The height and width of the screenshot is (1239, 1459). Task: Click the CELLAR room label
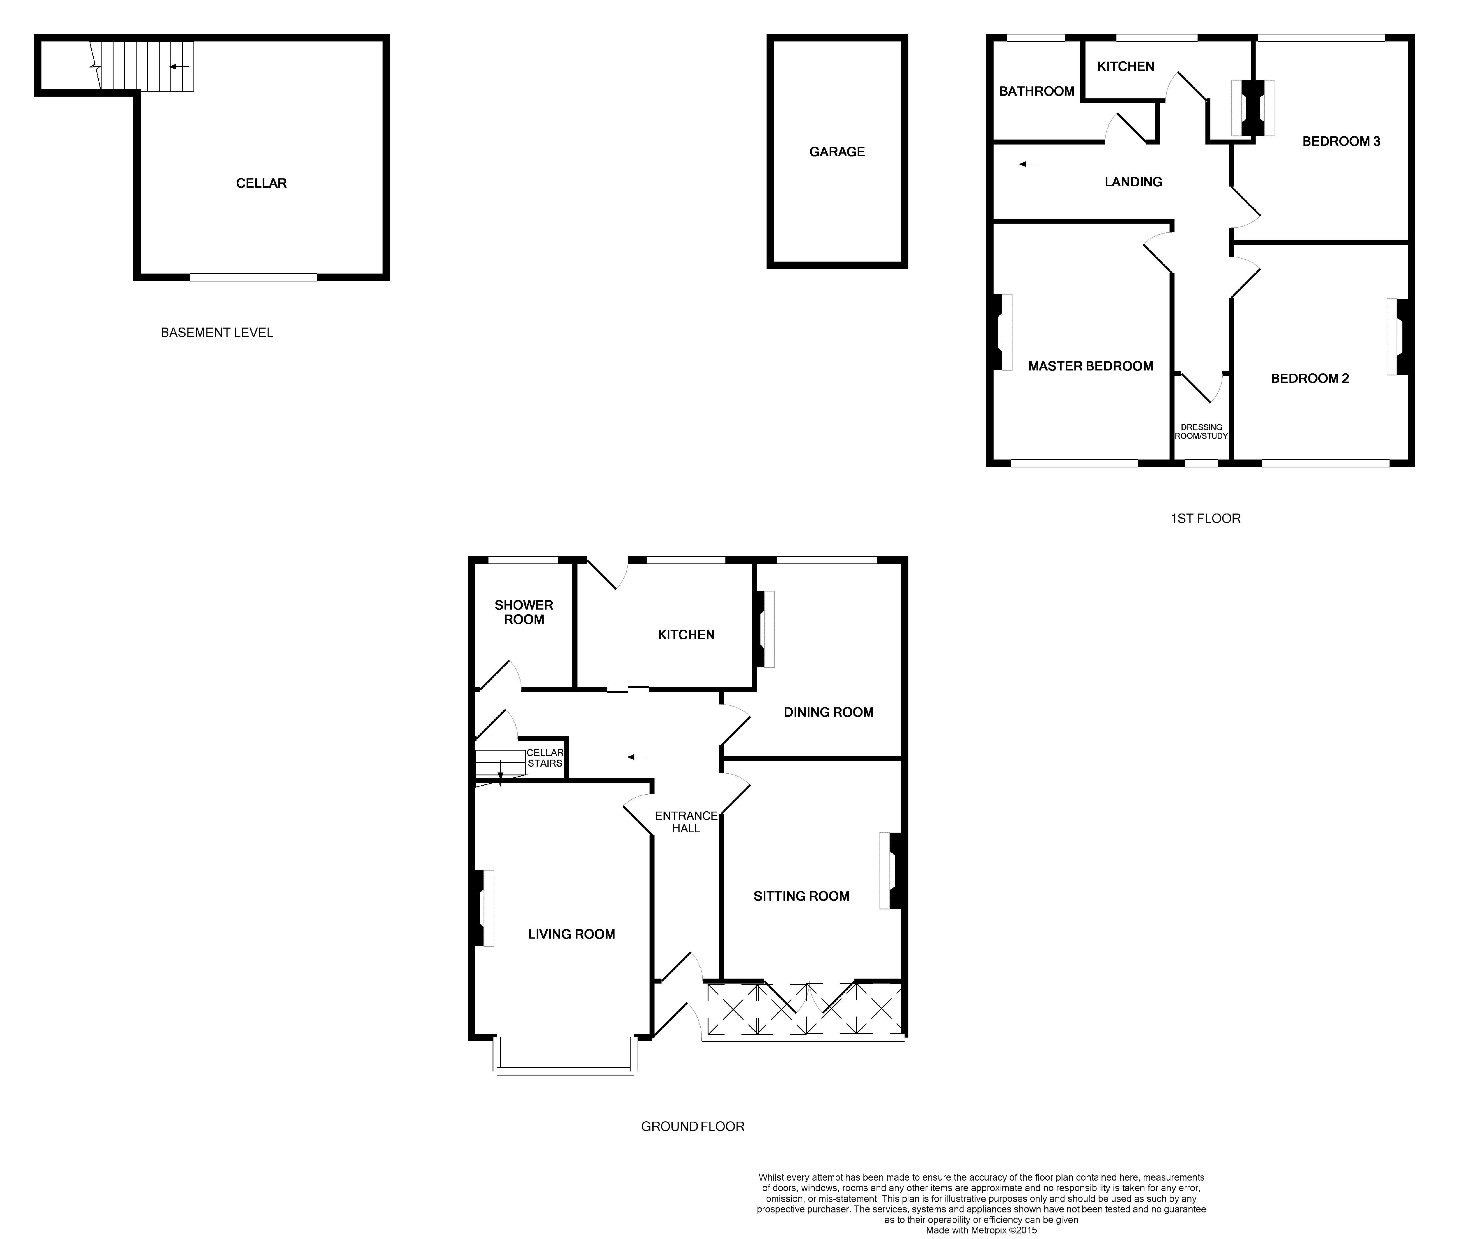click(261, 183)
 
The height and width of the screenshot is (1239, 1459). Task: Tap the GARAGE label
click(837, 152)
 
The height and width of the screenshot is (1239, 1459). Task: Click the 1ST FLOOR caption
click(1205, 518)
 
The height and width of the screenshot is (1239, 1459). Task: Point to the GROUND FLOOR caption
click(692, 1127)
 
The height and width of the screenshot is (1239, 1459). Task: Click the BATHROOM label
click(1036, 91)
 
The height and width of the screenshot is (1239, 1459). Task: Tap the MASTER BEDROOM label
click(1090, 366)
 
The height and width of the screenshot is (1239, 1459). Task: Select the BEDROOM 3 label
click(1341, 141)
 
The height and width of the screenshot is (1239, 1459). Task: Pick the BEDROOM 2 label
click(1309, 379)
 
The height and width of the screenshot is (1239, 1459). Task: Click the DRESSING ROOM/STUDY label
click(1201, 431)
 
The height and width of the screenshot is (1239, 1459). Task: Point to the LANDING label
click(1133, 182)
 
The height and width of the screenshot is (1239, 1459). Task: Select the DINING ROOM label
click(828, 712)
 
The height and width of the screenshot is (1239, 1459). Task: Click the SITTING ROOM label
click(801, 896)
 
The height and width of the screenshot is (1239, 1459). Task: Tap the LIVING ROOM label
click(572, 934)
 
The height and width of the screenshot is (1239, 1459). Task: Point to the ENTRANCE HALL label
click(686, 822)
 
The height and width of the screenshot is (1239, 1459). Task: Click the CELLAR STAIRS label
click(545, 758)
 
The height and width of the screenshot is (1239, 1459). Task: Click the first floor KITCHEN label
click(1125, 67)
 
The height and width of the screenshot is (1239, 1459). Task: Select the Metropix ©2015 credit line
click(981, 1230)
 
